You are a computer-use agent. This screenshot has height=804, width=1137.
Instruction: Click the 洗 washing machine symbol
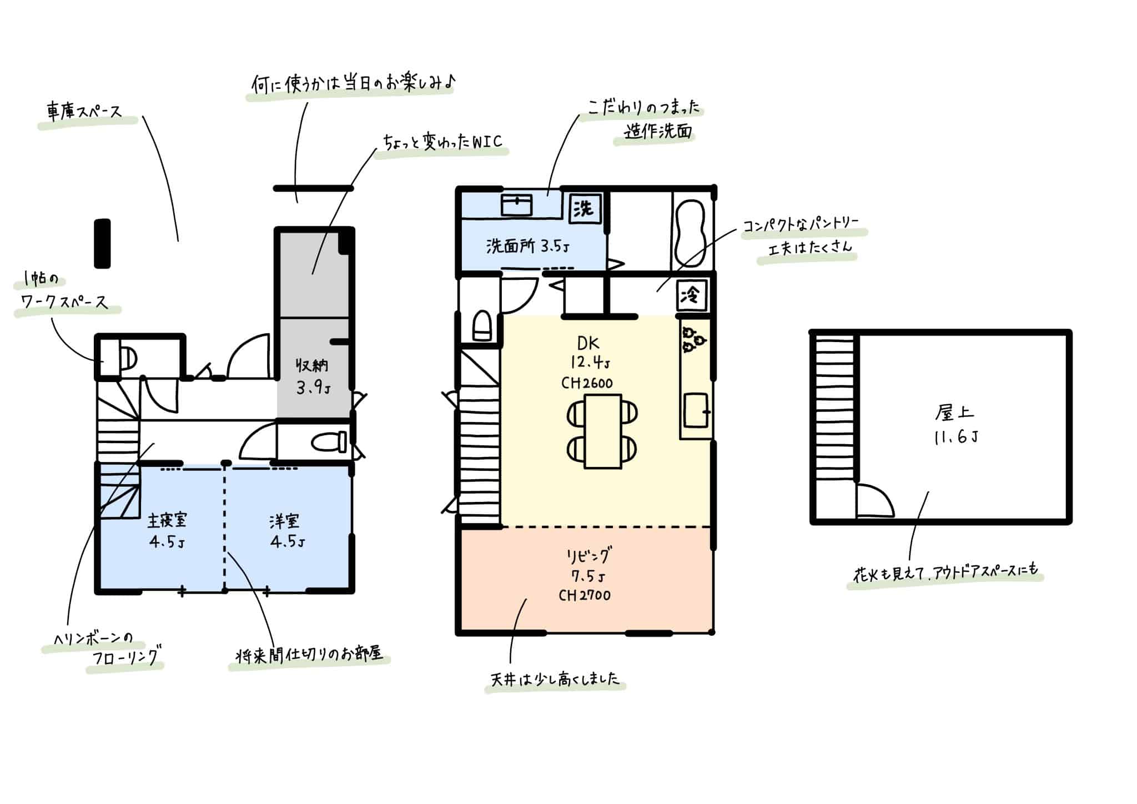click(583, 209)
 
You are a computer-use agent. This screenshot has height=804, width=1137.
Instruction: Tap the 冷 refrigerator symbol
click(692, 295)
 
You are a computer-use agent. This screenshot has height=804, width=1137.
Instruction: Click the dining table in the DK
click(602, 431)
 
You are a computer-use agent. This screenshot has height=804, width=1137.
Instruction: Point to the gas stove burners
click(694, 338)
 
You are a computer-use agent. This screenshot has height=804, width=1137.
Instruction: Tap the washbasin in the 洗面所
click(516, 205)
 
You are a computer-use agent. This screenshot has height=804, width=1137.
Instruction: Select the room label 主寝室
click(167, 521)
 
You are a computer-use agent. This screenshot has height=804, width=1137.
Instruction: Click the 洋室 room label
click(285, 521)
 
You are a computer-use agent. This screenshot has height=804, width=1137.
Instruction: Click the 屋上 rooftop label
click(954, 413)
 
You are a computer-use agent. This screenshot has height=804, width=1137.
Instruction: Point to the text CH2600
click(587, 383)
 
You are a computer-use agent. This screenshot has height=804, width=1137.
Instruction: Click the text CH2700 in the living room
click(585, 596)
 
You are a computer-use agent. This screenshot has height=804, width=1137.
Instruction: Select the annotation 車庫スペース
click(84, 113)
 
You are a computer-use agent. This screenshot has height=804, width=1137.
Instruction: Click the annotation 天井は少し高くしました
click(555, 680)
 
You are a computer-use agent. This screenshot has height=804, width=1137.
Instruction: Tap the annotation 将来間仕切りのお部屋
click(309, 656)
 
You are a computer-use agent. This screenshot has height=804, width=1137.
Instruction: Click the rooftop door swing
click(874, 500)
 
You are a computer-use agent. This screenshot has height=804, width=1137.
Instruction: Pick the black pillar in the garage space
click(102, 243)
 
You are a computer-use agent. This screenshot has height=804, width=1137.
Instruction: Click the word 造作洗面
click(658, 132)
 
